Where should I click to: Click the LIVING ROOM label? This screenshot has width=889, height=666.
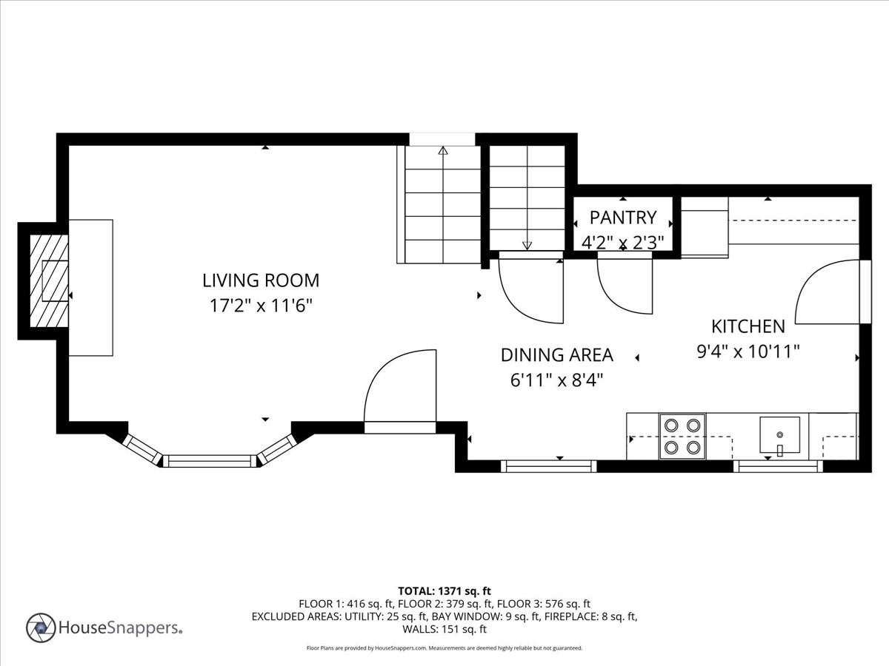[x=261, y=280]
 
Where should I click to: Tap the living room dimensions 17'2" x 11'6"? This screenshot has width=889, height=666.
[x=261, y=305]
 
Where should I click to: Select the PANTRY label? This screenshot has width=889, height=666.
[x=622, y=218]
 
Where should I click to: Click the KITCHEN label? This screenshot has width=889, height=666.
[x=748, y=326]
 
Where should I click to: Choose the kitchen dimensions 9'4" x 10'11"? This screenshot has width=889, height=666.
[x=748, y=351]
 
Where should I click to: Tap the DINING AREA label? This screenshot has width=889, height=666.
[x=556, y=355]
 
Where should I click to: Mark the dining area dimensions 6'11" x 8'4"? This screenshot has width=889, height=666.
[x=556, y=380]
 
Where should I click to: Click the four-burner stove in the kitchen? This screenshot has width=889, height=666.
[x=682, y=436]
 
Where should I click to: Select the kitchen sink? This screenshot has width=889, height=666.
[x=779, y=436]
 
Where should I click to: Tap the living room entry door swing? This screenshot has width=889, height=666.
[x=400, y=388]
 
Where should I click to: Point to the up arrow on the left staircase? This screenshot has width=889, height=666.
[x=443, y=151]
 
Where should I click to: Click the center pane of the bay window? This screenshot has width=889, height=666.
[x=209, y=461]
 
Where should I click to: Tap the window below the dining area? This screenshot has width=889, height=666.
[x=548, y=466]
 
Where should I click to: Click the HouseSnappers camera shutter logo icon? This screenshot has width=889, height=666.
[x=41, y=628]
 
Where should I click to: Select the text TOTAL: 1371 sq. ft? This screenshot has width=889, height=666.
[x=444, y=591]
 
